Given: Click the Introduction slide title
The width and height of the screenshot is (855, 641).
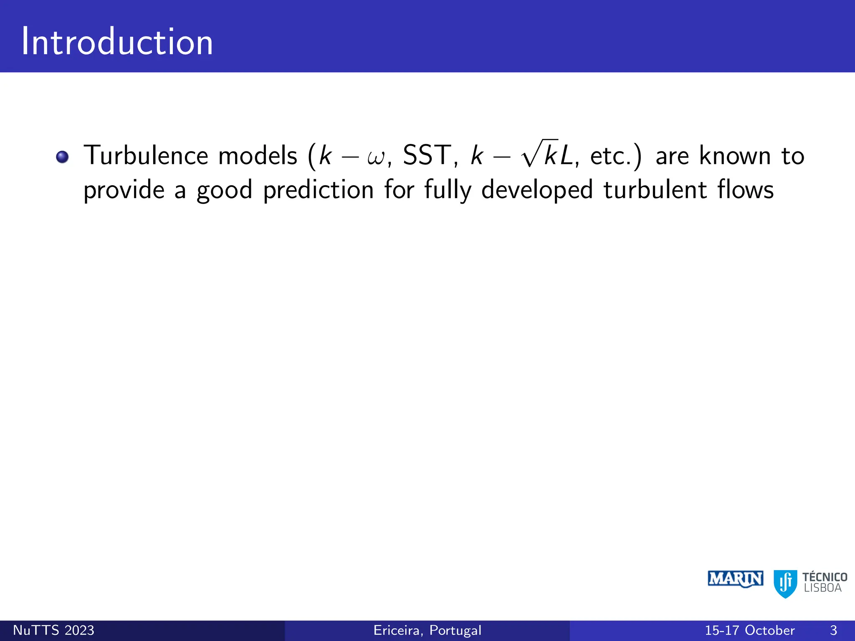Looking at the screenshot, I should (117, 42).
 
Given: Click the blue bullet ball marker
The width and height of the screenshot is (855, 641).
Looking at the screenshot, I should (62, 157).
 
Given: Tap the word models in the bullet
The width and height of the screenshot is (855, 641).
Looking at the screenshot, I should (258, 155).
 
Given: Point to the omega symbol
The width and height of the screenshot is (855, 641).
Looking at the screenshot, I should (377, 158).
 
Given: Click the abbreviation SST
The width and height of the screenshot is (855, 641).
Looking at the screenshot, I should (427, 155).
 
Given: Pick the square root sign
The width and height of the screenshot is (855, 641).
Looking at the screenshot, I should (531, 154).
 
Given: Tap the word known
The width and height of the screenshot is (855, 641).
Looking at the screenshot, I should (735, 155).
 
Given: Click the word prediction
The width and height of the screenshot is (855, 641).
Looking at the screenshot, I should (318, 190).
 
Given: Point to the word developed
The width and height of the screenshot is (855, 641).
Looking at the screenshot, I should (537, 190).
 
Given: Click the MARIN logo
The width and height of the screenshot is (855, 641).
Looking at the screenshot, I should (736, 579).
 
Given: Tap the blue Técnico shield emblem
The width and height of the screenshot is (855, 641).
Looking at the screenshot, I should (785, 583).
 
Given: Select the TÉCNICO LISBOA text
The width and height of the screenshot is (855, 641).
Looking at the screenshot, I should (825, 583).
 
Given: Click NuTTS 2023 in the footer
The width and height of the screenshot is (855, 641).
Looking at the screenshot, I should (54, 630).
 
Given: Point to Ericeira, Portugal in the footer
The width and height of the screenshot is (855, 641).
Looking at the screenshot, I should (427, 630).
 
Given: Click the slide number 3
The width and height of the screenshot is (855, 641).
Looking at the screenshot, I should (833, 630).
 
